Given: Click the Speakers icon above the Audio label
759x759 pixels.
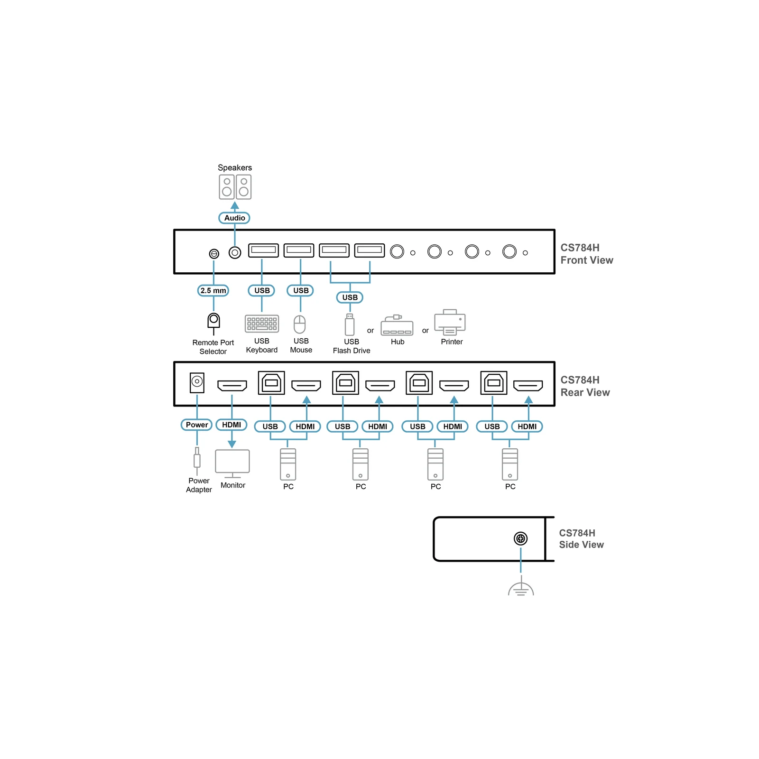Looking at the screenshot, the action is point(235,187).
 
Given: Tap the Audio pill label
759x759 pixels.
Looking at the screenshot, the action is point(235,218).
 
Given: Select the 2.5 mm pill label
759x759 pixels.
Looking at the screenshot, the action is point(213,290).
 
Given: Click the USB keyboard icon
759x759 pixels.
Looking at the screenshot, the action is point(262,324).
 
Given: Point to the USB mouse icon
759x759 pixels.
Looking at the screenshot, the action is point(300,324).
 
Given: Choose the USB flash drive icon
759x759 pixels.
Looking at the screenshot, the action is point(350,324).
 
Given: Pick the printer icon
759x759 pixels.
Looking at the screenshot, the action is point(450,322).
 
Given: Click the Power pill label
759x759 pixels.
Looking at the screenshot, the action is point(197,425).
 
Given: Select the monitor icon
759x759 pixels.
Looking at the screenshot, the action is point(232,463).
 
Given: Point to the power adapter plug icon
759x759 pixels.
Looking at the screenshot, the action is point(197,461).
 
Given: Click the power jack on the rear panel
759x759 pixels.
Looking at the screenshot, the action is point(197,382).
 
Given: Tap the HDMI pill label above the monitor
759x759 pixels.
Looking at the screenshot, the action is point(231,425).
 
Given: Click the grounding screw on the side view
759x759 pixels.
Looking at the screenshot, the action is point(521,538).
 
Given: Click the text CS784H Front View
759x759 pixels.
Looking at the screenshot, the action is point(587,254).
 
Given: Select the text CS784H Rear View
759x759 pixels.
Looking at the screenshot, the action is point(585,386).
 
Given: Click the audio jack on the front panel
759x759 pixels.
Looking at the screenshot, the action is point(235,252).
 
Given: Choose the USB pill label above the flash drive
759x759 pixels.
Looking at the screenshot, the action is point(350,297).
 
